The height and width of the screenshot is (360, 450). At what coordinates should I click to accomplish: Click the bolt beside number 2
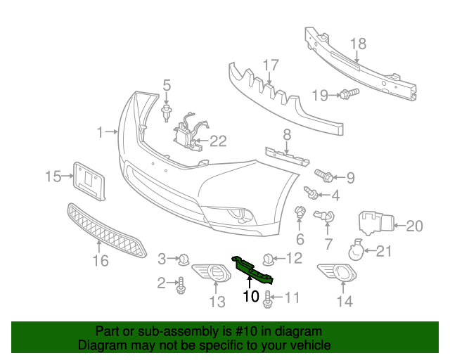pos(181,285)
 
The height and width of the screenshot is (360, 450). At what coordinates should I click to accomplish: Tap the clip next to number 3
pos(184,259)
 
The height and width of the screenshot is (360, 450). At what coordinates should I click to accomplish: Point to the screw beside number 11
pos(268,300)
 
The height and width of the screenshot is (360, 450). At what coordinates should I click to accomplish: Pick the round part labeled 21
pos(357,250)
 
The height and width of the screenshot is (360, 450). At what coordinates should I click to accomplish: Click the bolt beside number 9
pos(324,174)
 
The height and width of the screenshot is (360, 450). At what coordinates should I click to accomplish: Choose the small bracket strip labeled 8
pos(287,155)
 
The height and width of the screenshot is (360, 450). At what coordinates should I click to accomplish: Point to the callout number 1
pos(100,131)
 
